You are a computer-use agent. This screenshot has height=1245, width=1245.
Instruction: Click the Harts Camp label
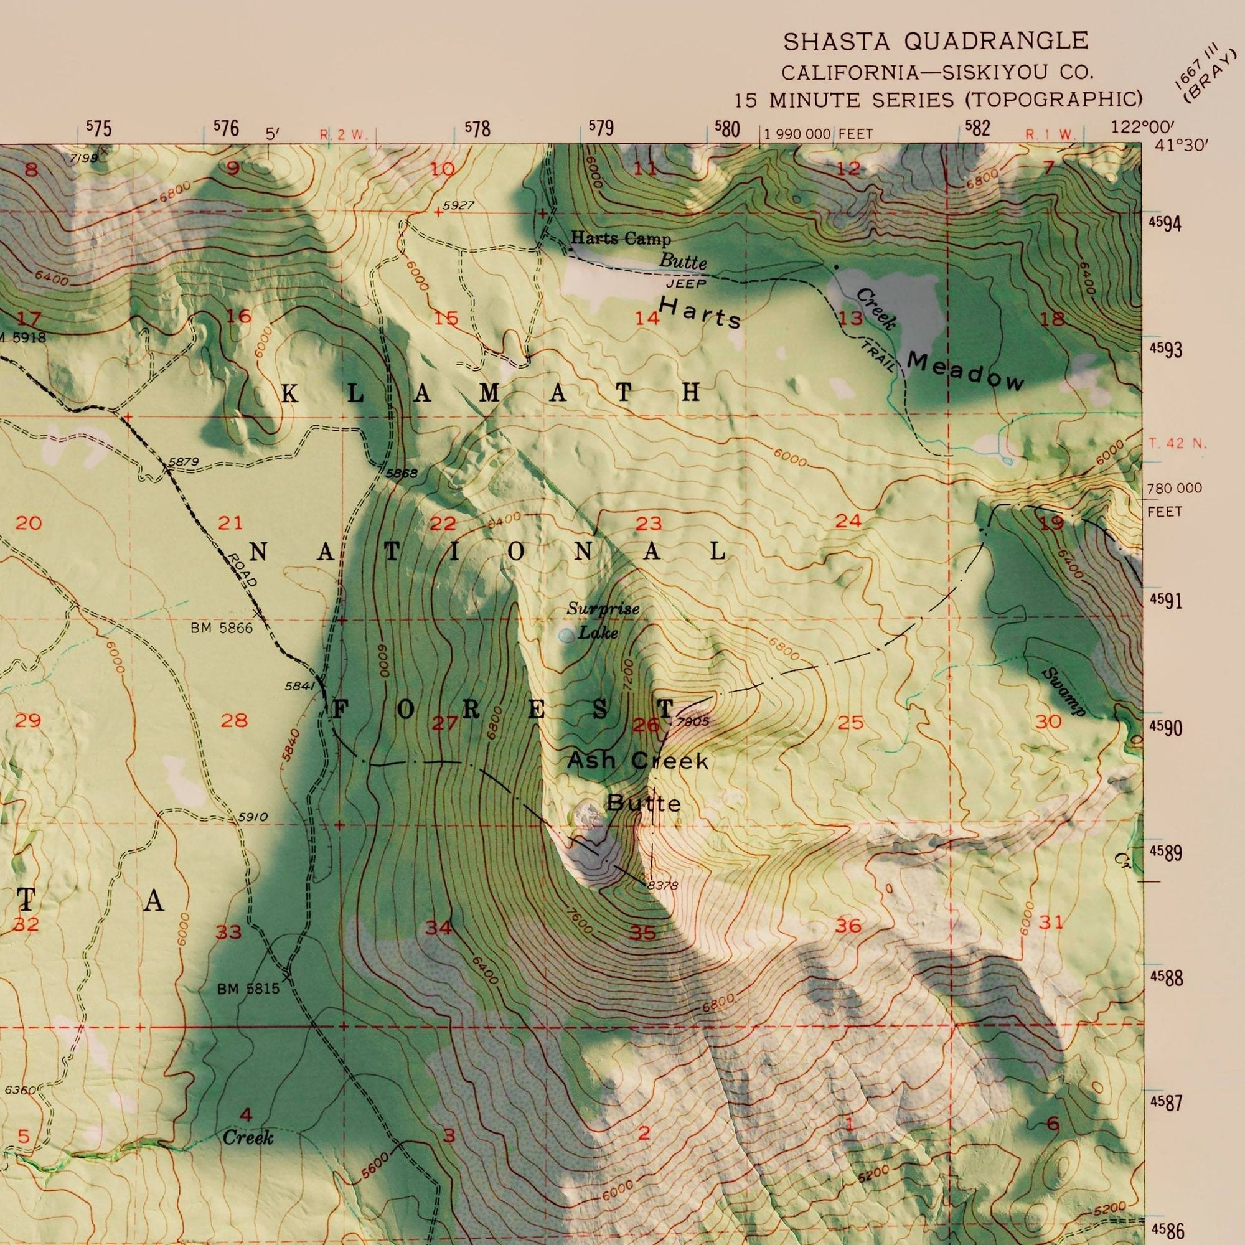tap(621, 239)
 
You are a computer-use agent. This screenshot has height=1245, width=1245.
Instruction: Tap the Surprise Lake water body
tap(566, 636)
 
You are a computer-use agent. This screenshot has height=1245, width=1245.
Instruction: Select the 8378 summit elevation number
tap(662, 886)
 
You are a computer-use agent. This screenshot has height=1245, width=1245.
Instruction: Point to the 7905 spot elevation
tap(693, 721)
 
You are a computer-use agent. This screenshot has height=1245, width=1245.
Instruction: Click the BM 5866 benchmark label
tap(221, 627)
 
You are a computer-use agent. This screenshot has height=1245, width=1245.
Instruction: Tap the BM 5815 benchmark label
tap(249, 988)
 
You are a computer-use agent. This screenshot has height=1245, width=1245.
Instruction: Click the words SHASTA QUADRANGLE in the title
tap(935, 41)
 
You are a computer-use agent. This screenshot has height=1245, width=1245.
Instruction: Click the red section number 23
tap(648, 524)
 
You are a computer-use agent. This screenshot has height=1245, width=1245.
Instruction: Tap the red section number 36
tap(848, 926)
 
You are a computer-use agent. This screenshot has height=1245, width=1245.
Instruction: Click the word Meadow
tap(965, 372)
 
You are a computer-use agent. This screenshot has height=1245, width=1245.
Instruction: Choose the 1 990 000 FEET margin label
tap(819, 134)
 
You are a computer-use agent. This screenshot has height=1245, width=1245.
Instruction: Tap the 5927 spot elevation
tap(459, 205)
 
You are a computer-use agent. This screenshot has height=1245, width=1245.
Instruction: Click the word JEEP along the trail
tap(685, 283)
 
